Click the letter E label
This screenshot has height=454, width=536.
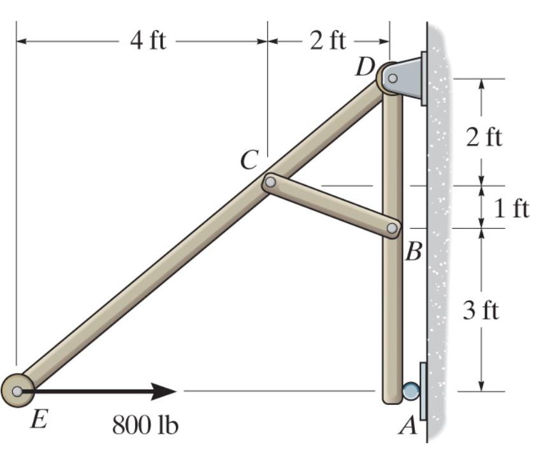coord(39,419)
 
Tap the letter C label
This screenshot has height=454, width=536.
coord(249,160)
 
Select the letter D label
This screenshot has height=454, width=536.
coord(365,67)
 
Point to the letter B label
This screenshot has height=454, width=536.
coord(413,252)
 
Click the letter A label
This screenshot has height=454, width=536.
coord(408,425)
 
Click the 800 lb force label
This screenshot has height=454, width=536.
coord(145,425)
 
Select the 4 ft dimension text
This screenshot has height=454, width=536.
coord(148,41)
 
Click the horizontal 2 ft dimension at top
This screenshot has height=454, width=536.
coord(328,41)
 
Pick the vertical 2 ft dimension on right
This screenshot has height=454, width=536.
coord(484,137)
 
